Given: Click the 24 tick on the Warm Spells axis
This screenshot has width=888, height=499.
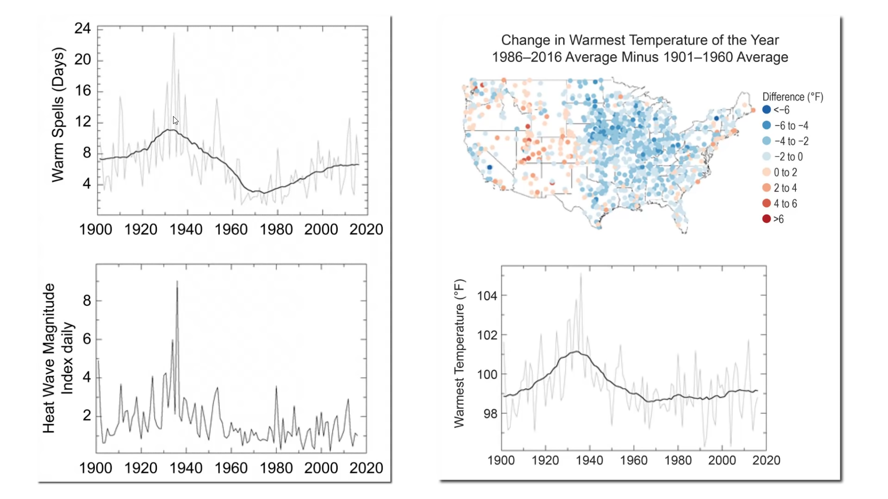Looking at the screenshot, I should click(x=83, y=29).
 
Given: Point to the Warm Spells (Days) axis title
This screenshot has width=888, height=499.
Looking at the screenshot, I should click(x=58, y=115).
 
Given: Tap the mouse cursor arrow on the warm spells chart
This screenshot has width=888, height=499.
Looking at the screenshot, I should click(x=175, y=120).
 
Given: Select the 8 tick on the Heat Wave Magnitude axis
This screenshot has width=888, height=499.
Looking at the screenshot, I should click(x=87, y=301).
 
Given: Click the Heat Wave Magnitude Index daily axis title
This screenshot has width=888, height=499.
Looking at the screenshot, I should click(x=57, y=358).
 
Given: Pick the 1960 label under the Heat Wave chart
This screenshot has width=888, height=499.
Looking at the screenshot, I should click(x=231, y=468).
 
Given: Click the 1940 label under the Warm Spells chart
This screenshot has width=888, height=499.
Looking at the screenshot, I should click(x=186, y=229).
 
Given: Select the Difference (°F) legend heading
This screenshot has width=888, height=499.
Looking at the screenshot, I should click(x=793, y=97).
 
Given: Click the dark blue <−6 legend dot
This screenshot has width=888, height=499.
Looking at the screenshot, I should click(x=767, y=110).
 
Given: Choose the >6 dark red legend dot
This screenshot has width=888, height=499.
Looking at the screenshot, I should click(x=767, y=219).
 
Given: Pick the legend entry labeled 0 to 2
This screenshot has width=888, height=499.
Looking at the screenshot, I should click(x=785, y=172).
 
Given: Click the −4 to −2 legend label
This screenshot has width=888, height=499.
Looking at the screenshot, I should click(x=791, y=141).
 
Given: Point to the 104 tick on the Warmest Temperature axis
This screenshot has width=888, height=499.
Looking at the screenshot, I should click(x=487, y=296).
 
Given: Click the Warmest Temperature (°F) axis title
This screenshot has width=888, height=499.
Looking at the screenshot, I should click(x=459, y=353).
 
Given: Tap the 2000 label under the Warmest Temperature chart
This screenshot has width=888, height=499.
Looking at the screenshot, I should click(x=722, y=460).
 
